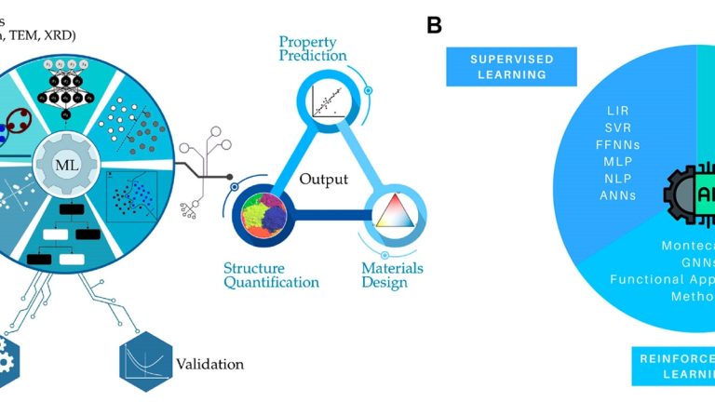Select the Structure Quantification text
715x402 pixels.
click(271, 275)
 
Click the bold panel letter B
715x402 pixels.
click(434, 26)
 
